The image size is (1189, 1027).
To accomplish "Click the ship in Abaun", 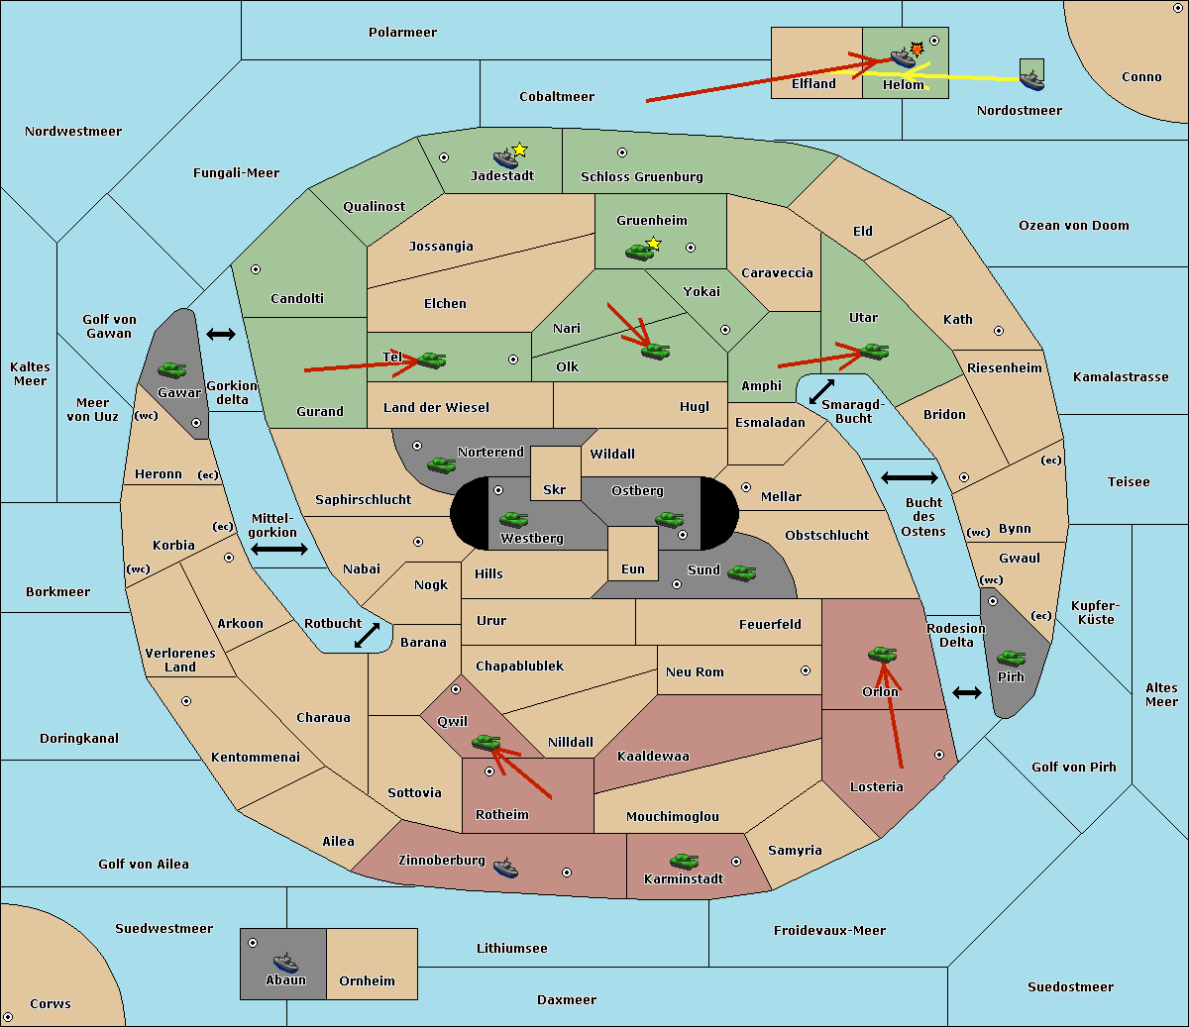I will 285,962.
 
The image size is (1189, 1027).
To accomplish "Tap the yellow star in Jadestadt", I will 519,150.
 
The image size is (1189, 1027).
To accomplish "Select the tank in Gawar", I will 172,369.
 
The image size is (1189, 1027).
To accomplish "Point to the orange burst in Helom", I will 918,49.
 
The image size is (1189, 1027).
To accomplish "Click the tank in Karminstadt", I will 684,861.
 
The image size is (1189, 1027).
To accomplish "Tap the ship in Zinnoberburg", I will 505,868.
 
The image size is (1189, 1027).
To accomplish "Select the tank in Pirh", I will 1011,659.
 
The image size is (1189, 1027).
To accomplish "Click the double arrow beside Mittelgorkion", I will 279,549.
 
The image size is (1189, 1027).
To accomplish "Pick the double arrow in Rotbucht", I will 367,636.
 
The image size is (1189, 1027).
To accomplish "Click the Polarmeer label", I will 402,33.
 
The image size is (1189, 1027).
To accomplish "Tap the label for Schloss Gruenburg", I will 641,177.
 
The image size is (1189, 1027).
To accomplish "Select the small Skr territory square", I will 555,473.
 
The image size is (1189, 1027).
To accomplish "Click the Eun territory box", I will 632,553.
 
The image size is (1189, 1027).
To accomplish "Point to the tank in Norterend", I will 441,464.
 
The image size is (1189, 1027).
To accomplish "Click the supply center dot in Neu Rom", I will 806,670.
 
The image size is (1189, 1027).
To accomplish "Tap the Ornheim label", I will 367,980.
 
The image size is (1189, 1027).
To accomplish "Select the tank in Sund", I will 741,572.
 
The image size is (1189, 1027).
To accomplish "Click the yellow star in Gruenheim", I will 653,243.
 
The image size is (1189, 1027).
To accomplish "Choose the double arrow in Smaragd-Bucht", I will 821,391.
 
